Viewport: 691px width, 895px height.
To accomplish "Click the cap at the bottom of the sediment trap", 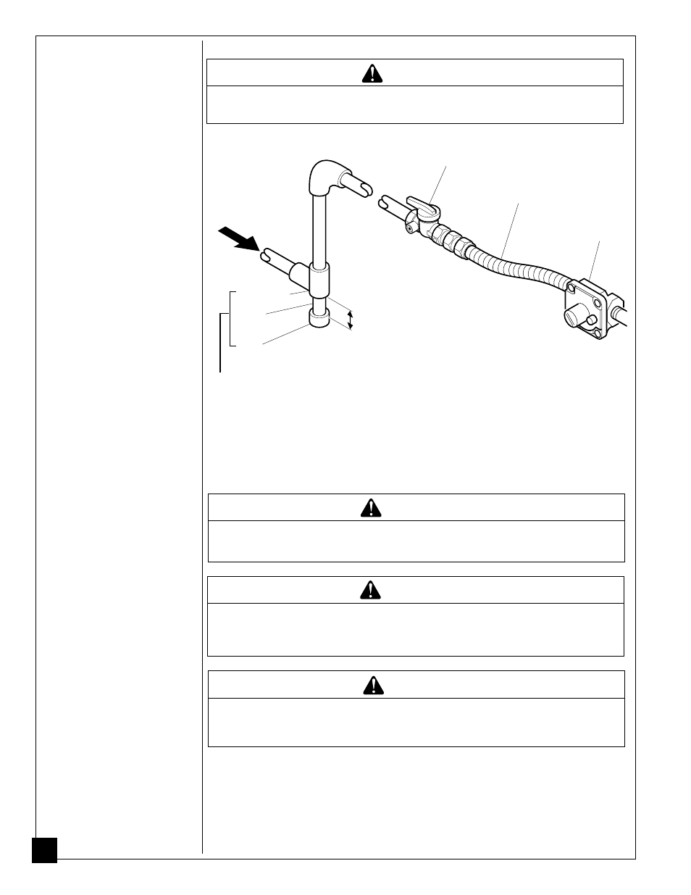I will point(319,318).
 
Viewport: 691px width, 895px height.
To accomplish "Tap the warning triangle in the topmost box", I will point(372,73).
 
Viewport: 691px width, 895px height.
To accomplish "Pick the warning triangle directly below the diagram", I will point(371,508).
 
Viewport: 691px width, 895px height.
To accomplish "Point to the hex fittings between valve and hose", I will point(449,238).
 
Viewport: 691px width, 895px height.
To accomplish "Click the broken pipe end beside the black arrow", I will point(269,257).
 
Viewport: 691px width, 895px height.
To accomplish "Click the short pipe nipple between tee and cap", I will point(319,302).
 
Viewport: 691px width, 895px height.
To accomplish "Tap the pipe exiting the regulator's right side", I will point(619,315).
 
